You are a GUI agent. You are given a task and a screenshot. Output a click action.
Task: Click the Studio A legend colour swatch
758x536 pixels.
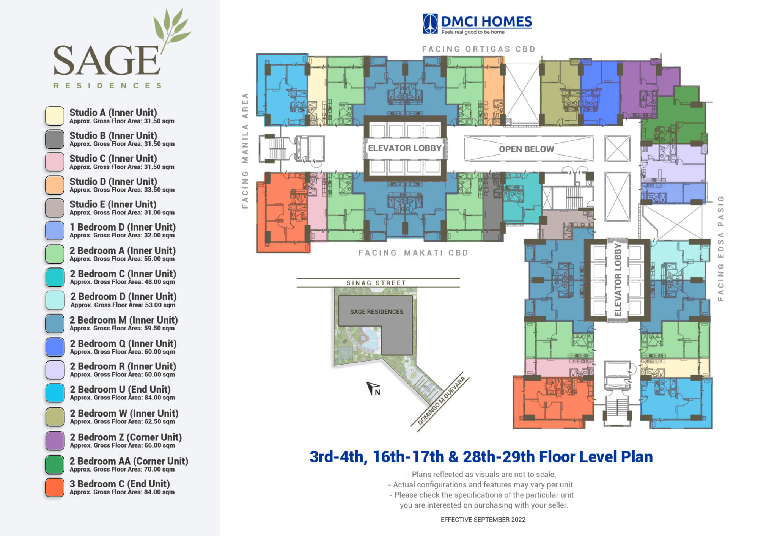(x=55, y=116)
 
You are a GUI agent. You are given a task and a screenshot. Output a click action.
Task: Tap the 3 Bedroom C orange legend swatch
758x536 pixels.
(x=55, y=487)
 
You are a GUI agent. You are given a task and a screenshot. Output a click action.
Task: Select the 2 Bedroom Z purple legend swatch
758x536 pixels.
(x=55, y=441)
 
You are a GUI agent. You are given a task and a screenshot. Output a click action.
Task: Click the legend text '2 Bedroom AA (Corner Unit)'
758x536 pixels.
(x=129, y=461)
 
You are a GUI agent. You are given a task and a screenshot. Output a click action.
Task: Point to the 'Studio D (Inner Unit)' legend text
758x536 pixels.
(x=113, y=181)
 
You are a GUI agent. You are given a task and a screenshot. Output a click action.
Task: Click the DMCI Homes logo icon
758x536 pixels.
(x=430, y=24)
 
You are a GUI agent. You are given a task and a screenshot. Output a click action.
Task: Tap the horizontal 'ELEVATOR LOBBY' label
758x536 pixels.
(x=405, y=148)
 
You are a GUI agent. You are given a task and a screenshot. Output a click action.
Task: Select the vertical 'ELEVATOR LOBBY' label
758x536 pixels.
(x=618, y=280)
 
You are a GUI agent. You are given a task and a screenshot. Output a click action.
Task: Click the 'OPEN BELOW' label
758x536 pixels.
(x=527, y=149)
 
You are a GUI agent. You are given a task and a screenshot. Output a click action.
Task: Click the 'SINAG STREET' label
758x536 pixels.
(x=376, y=283)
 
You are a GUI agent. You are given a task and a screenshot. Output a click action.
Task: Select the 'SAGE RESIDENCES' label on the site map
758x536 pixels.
(x=376, y=312)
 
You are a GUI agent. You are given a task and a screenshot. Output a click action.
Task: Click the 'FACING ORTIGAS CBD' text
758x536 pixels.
(x=479, y=49)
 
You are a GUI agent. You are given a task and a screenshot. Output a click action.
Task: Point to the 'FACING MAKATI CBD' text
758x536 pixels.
(x=414, y=253)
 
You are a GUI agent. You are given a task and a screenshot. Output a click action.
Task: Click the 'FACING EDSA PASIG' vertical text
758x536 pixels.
(x=721, y=248)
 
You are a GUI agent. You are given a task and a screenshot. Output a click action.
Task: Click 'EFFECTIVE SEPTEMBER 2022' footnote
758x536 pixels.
(x=483, y=520)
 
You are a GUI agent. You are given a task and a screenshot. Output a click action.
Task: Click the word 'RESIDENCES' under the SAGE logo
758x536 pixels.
(x=108, y=86)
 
